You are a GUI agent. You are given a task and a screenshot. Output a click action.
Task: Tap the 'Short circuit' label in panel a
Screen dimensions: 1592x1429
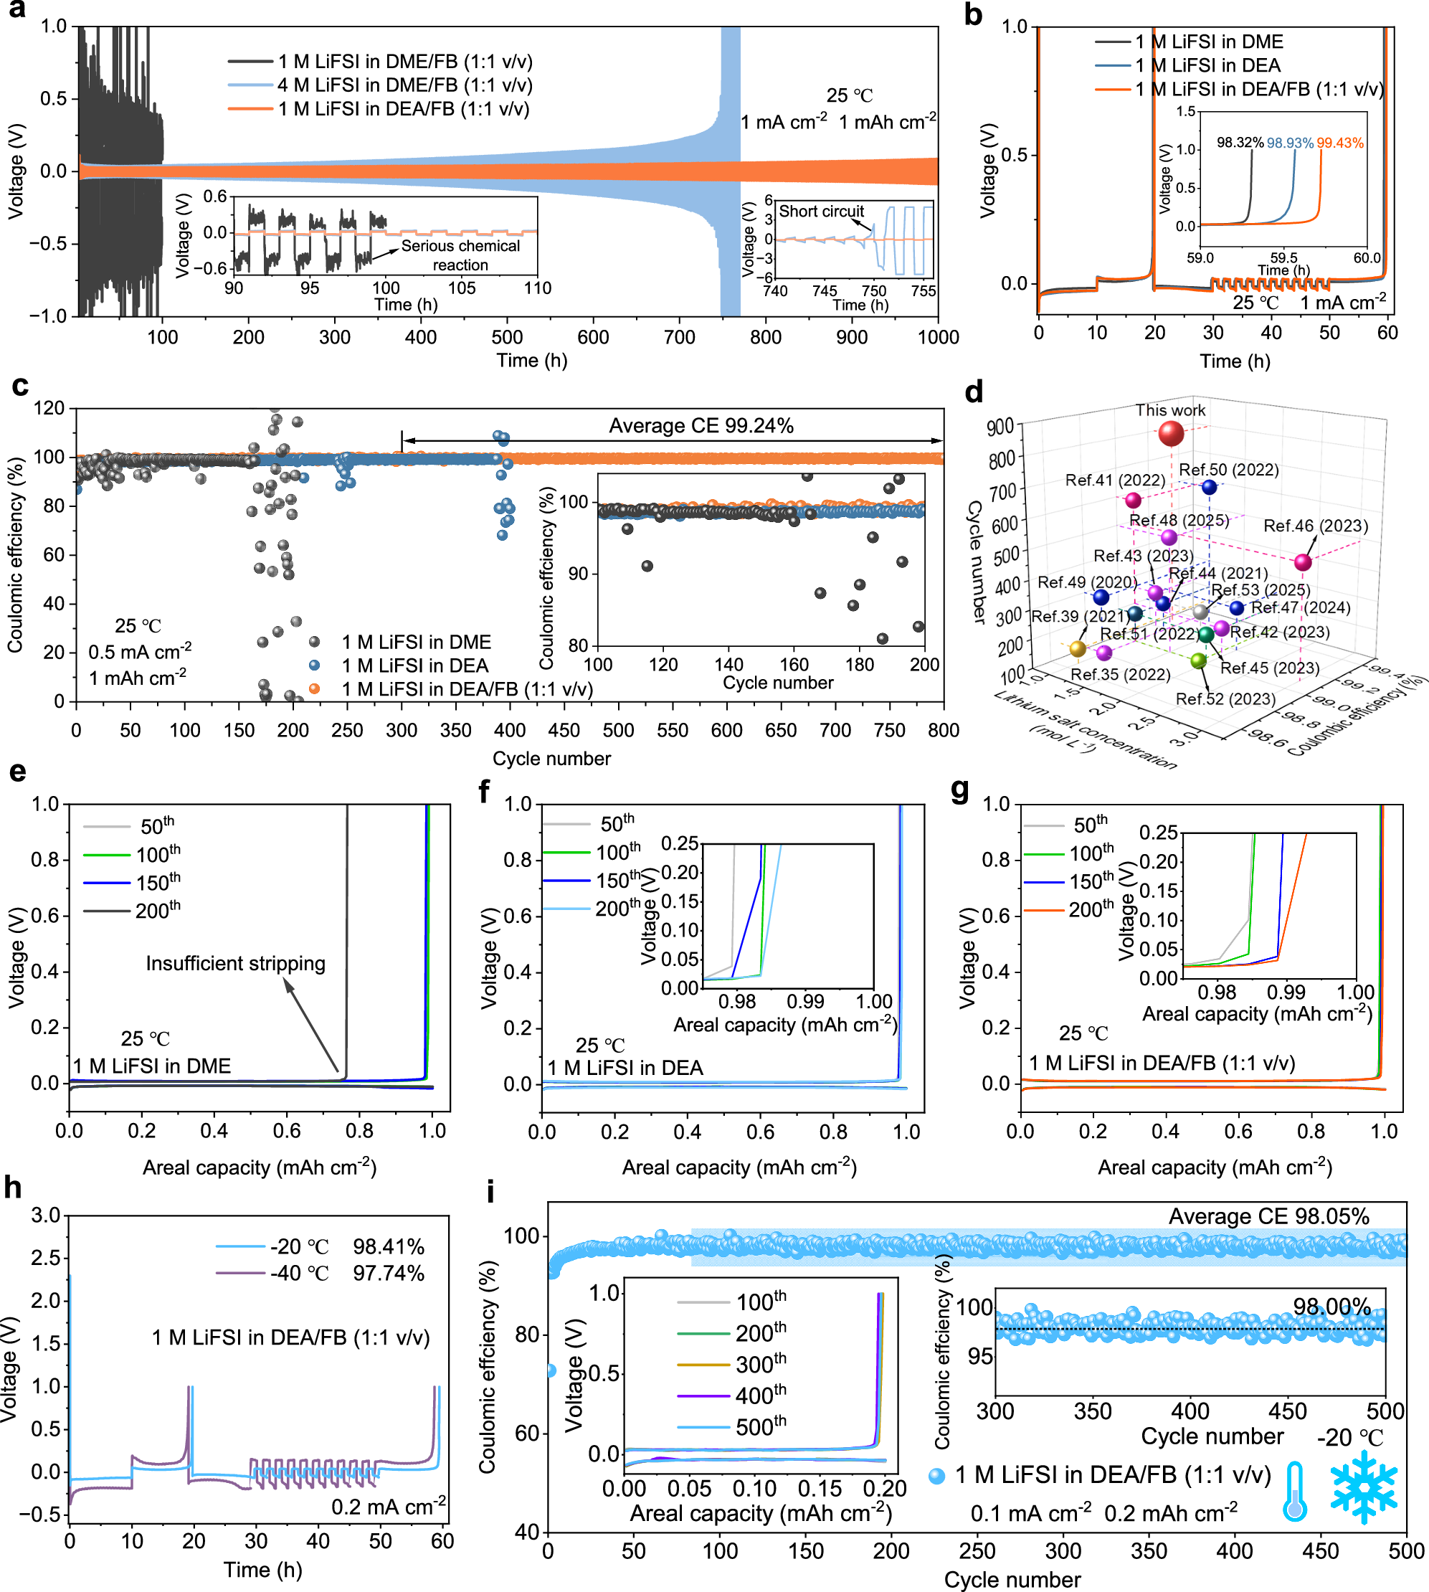tap(820, 212)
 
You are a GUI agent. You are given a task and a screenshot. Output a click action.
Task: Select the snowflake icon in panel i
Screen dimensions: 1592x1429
tap(1364, 1487)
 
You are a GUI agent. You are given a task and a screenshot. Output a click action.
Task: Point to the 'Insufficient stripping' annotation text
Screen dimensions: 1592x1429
tap(236, 964)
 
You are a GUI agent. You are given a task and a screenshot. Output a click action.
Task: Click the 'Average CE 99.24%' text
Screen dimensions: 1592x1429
tap(701, 426)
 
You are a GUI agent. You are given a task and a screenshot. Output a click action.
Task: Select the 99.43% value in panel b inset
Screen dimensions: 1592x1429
tap(1339, 143)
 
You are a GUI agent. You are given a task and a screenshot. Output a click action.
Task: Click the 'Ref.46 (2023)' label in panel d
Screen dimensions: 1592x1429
tap(1315, 526)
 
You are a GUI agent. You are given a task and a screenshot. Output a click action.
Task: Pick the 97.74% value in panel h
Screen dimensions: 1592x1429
tap(388, 1273)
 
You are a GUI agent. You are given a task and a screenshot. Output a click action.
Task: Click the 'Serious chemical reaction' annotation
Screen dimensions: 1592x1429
tap(460, 255)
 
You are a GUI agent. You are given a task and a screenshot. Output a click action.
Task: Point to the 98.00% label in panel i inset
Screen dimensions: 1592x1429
tap(1331, 1307)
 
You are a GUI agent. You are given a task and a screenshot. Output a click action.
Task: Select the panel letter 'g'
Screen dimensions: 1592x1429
tap(959, 789)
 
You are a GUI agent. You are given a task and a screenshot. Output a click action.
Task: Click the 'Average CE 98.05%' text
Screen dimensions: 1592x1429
tap(1268, 1216)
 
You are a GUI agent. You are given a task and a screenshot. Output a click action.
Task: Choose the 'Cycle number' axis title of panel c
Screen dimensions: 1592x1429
tap(551, 759)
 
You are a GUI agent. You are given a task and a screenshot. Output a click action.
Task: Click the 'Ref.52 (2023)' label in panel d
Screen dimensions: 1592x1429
tap(1225, 699)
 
